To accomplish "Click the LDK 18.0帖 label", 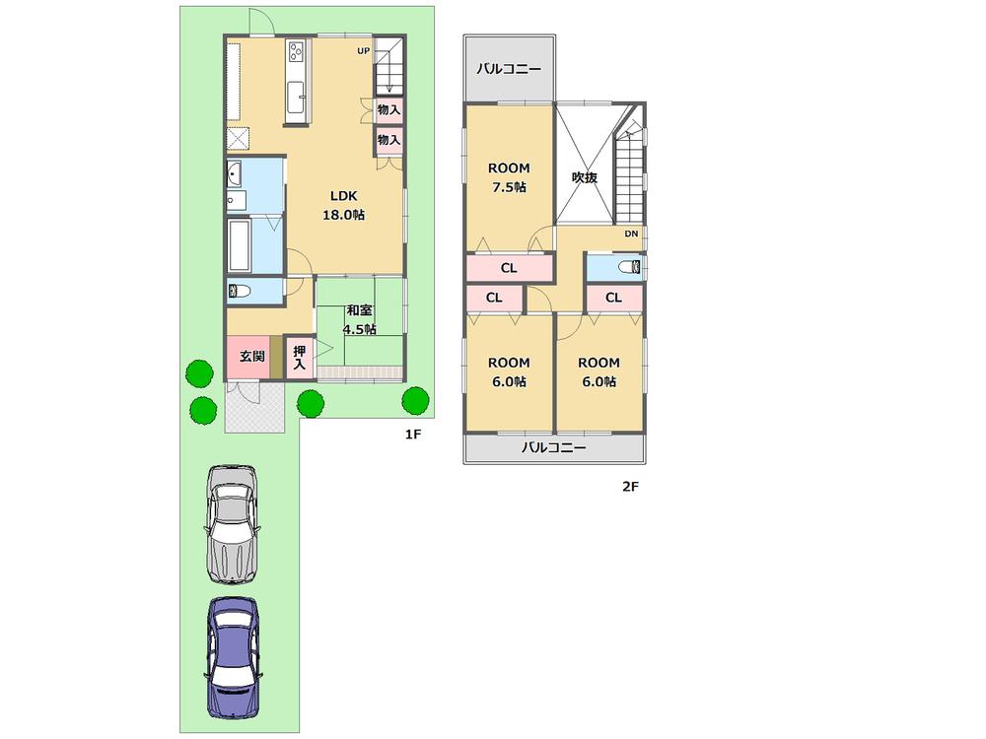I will pyautogui.click(x=343, y=205).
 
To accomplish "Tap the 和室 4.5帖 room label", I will pyautogui.click(x=359, y=320).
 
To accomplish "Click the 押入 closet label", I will pyautogui.click(x=300, y=357).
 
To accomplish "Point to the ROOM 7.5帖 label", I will pyautogui.click(x=508, y=177).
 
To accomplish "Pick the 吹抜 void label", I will pyautogui.click(x=585, y=177).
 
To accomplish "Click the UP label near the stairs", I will pyautogui.click(x=363, y=50).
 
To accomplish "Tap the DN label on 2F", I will pyautogui.click(x=631, y=234).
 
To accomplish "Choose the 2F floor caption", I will pyautogui.click(x=630, y=485).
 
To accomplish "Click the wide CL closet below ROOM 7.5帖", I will pyautogui.click(x=508, y=267).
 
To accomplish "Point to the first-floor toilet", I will pyautogui.click(x=240, y=290).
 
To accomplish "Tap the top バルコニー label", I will pyautogui.click(x=508, y=69).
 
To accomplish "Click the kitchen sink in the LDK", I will pyautogui.click(x=297, y=97).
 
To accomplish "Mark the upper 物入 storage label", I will pyautogui.click(x=388, y=109).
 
